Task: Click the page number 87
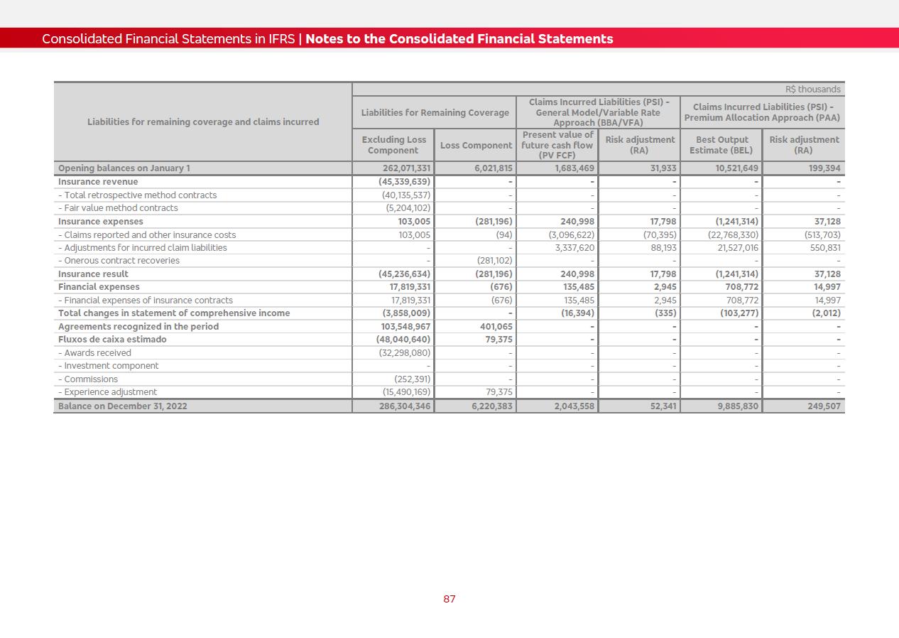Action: click(449, 599)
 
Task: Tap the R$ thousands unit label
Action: click(812, 90)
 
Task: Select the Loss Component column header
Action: click(476, 146)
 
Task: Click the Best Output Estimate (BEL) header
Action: click(721, 145)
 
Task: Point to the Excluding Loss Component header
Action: click(393, 145)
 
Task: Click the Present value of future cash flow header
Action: click(557, 145)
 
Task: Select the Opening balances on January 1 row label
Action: click(124, 168)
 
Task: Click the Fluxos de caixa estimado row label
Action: click(112, 340)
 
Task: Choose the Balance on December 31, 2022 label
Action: click(123, 406)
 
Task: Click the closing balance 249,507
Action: click(822, 406)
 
